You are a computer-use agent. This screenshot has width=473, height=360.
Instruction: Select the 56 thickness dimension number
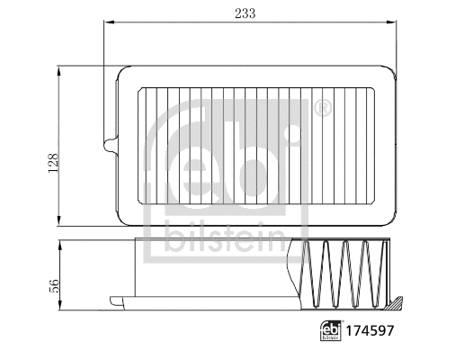tap(53, 285)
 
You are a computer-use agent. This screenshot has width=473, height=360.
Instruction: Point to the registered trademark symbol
tap(323, 109)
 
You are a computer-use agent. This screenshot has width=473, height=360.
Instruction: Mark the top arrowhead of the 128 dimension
tap(60, 68)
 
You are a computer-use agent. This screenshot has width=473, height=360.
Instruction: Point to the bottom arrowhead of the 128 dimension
tap(60, 222)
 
